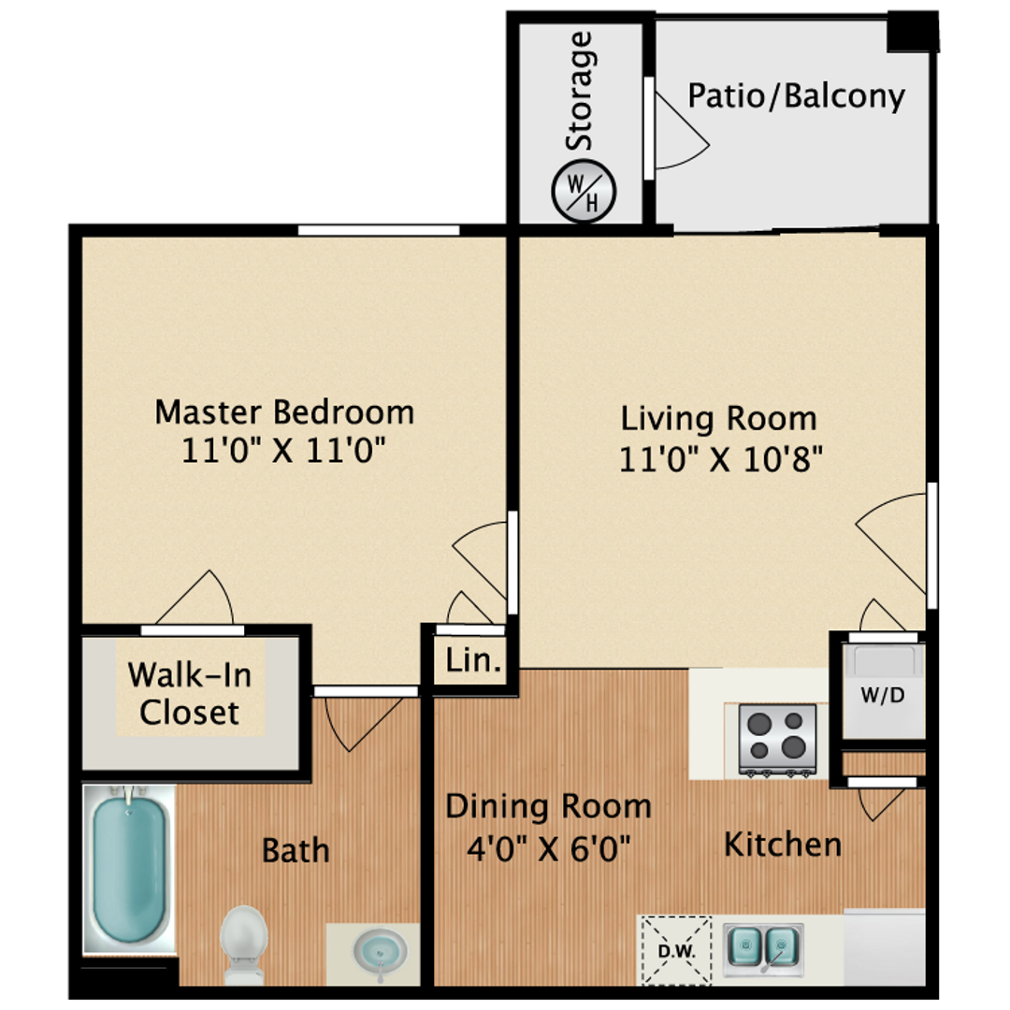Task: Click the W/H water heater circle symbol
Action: click(x=584, y=192)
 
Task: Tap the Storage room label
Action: click(x=579, y=90)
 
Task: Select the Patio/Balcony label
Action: click(x=796, y=96)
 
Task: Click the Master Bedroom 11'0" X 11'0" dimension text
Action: click(x=283, y=450)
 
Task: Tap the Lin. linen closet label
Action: click(x=473, y=660)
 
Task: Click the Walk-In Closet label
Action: click(x=189, y=694)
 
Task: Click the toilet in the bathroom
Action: click(x=243, y=945)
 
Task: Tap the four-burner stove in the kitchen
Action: click(x=777, y=740)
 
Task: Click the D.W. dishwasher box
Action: click(x=676, y=950)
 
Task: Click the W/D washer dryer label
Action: click(x=883, y=695)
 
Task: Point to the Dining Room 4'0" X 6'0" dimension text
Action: click(x=549, y=847)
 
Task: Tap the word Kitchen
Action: click(x=783, y=844)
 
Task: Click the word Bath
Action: click(x=296, y=850)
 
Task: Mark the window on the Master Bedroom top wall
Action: click(x=379, y=231)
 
